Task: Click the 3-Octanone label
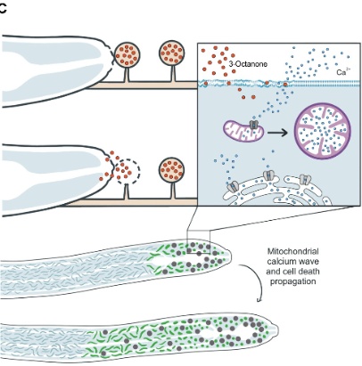tap(248, 64)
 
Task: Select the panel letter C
tap(3, 9)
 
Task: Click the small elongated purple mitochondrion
tap(243, 131)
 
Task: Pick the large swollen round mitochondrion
tap(323, 131)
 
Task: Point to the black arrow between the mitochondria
tap(277, 133)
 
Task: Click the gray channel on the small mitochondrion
tap(253, 125)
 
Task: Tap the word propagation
tap(292, 281)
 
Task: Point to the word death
tap(310, 271)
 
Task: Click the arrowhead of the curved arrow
tap(259, 300)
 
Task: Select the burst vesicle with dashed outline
tap(128, 171)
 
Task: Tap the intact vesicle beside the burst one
tap(171, 170)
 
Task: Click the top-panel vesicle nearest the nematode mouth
tap(127, 54)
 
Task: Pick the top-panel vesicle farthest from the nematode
tap(172, 53)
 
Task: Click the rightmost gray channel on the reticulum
tap(305, 179)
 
